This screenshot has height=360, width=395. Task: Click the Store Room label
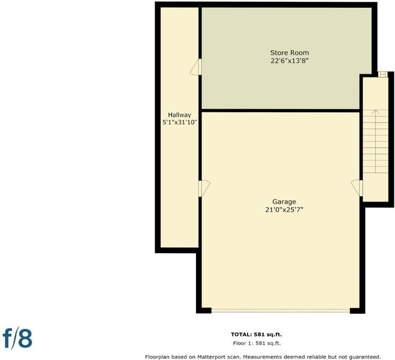[290, 53]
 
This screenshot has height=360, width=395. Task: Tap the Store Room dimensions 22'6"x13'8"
[290, 61]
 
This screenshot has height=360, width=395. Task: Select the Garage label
[284, 202]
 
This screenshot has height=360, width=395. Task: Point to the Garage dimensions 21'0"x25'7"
[284, 210]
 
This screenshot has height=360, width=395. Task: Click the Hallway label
[180, 115]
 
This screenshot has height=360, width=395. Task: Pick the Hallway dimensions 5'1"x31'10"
[180, 123]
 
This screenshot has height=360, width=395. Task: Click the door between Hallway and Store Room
[196, 67]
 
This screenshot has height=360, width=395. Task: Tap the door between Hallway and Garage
[204, 188]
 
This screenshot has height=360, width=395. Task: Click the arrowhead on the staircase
[376, 112]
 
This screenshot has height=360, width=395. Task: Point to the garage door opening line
[281, 311]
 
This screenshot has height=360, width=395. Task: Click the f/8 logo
[17, 338]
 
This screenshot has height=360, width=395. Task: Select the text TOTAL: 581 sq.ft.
[257, 335]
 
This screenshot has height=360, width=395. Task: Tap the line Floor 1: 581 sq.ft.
[257, 343]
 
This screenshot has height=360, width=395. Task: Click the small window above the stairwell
[383, 74]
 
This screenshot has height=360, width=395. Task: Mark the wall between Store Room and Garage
[281, 110]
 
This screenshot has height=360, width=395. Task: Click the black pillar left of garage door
[204, 311]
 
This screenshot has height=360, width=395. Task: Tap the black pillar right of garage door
[357, 311]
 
